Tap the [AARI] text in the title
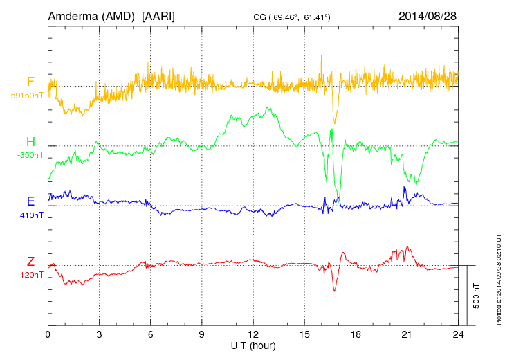158,15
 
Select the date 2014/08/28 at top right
428,15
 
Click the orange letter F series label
30,82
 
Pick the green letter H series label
30,142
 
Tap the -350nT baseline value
30,155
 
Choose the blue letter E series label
30,201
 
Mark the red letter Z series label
30,262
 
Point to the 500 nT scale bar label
477,296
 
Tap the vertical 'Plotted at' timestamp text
499,278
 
